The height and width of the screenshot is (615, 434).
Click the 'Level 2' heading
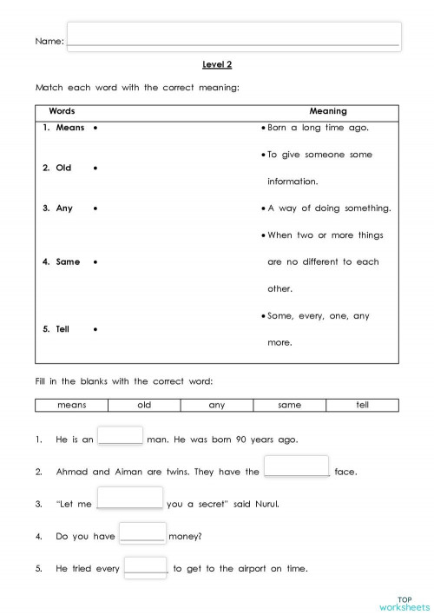pyautogui.click(x=217, y=64)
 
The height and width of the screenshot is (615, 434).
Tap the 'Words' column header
pyautogui.click(x=62, y=111)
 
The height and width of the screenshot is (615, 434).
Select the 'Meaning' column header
pyautogui.click(x=327, y=111)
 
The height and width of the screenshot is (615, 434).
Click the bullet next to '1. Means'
pyautogui.click(x=94, y=128)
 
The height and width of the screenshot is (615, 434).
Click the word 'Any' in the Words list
pyautogui.click(x=64, y=208)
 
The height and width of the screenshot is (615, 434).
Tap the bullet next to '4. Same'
pyautogui.click(x=94, y=261)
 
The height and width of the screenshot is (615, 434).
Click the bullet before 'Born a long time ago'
pyautogui.click(x=263, y=128)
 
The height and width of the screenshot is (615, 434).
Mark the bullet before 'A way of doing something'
pyautogui.click(x=263, y=208)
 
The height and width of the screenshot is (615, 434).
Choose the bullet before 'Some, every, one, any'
pyautogui.click(x=263, y=316)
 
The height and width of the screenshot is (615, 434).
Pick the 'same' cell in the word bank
pyautogui.click(x=289, y=405)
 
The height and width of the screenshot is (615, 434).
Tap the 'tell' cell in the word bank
pyautogui.click(x=362, y=405)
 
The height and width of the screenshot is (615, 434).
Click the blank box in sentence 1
pyautogui.click(x=120, y=436)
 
